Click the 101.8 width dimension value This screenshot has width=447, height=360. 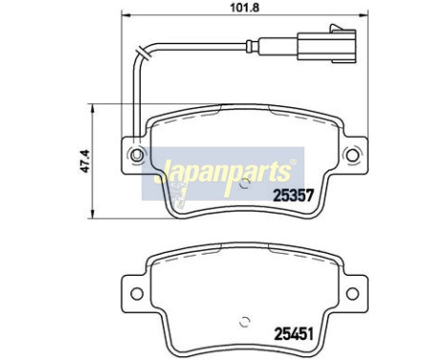[x=245, y=8]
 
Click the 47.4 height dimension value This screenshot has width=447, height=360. [x=85, y=161]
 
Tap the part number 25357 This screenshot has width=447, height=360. [x=293, y=194]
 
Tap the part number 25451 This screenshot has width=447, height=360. [x=294, y=334]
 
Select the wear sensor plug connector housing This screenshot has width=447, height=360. [x=326, y=45]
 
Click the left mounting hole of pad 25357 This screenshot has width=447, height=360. [x=137, y=155]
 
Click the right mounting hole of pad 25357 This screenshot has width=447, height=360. [x=352, y=155]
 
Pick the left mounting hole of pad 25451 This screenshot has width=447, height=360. [x=137, y=294]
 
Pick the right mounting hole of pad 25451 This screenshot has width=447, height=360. [x=352, y=294]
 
